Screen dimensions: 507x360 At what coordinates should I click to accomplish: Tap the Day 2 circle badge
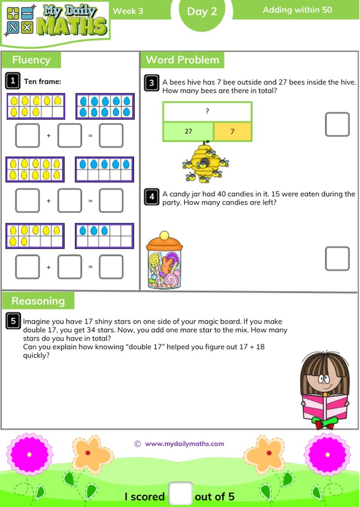202,12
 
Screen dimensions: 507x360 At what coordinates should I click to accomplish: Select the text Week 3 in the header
128,11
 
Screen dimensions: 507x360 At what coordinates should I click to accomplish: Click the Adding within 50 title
297,9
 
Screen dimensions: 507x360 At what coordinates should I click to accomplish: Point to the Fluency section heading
31,60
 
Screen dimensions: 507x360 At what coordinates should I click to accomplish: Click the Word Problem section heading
182,60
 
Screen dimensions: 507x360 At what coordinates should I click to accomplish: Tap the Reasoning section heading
38,301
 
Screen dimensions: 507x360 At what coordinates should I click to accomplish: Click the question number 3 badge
152,82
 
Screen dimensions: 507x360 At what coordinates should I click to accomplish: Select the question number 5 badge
13,321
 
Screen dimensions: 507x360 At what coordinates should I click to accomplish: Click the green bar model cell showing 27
188,131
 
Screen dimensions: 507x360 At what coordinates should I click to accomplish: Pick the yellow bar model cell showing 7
232,131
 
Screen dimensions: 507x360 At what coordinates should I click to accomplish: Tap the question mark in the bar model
207,112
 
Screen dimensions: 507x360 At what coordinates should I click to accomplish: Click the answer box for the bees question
337,124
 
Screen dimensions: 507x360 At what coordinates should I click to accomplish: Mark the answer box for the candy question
337,258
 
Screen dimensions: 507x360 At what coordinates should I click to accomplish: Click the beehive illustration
205,162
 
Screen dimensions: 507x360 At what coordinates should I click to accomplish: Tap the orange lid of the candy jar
164,244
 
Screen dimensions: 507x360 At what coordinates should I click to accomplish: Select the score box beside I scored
180,494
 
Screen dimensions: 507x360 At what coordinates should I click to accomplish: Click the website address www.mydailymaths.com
184,444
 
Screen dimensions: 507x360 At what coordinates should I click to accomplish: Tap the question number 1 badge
13,81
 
